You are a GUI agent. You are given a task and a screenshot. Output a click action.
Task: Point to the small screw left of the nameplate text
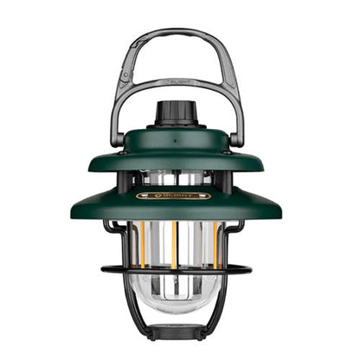coord(148,196)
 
